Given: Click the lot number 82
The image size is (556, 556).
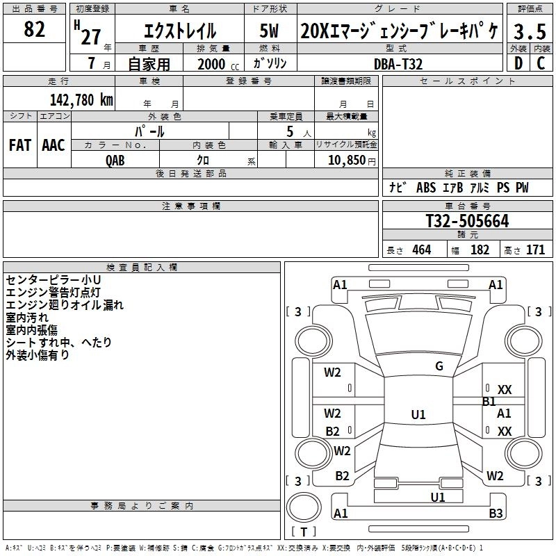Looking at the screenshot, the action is click(x=35, y=30).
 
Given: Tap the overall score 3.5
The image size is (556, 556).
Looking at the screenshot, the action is click(x=530, y=32).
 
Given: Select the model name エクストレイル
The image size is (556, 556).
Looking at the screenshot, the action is click(x=179, y=31).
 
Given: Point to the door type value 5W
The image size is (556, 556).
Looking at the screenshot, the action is click(x=270, y=31).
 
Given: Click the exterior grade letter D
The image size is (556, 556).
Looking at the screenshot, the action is click(x=518, y=63).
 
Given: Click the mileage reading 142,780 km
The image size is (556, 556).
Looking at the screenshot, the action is click(x=81, y=99).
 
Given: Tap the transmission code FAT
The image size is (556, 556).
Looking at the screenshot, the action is click(x=20, y=145).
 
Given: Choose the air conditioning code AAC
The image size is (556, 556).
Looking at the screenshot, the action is click(x=54, y=145).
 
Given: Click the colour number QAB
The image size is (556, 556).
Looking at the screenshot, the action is click(x=115, y=160).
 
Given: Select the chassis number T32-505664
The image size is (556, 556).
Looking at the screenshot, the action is click(x=467, y=222).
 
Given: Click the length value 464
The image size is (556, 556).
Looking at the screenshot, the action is click(x=420, y=250).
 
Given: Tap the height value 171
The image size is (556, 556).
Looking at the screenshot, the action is click(x=535, y=250).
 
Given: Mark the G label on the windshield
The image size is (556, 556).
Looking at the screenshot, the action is click(x=439, y=366).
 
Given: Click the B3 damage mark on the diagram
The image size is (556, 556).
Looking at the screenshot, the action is click(x=495, y=514).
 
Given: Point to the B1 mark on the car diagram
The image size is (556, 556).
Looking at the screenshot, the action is click(x=489, y=401).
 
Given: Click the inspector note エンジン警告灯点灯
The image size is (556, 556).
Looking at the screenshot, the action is click(x=54, y=292).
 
